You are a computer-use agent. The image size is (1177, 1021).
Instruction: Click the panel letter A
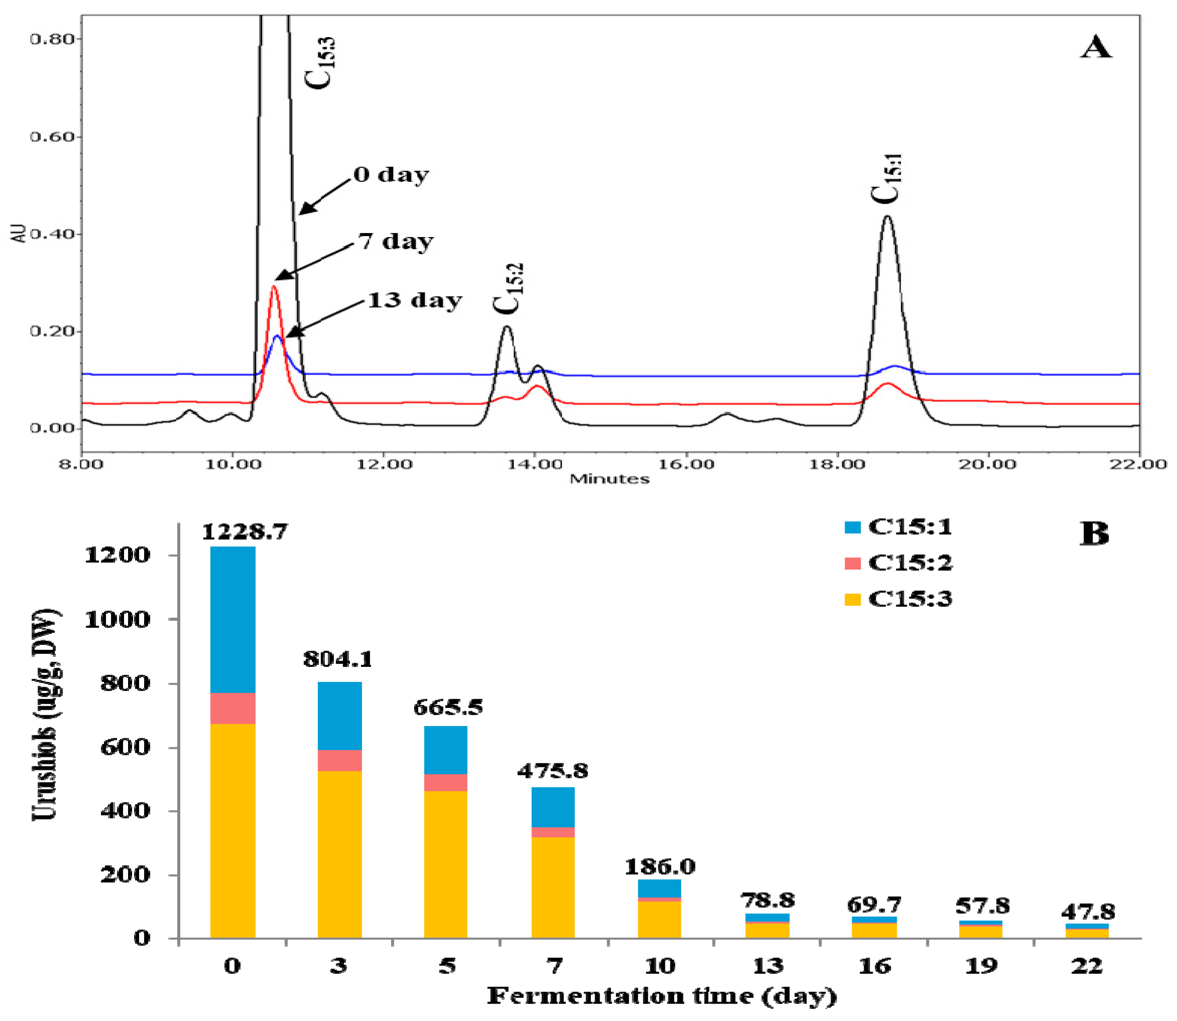point(1095,47)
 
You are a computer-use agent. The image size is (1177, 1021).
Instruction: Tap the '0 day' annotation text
point(391,175)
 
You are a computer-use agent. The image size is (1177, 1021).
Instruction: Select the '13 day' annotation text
point(414,300)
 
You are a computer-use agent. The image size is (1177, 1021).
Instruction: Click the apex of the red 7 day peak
point(274,287)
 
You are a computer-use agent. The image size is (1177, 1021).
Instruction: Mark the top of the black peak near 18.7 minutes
point(887,217)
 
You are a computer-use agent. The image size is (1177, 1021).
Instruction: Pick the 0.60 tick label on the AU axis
point(52,137)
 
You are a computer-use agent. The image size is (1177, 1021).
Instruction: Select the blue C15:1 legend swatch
point(852,527)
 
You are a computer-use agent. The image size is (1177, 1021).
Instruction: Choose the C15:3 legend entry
point(909,599)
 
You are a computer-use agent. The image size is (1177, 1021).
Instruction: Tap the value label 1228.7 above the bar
point(245,532)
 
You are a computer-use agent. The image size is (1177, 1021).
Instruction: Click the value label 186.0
point(659,867)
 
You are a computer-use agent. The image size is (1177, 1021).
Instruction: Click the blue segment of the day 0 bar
point(232,619)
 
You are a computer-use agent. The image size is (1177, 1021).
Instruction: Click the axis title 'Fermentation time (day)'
point(661,996)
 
